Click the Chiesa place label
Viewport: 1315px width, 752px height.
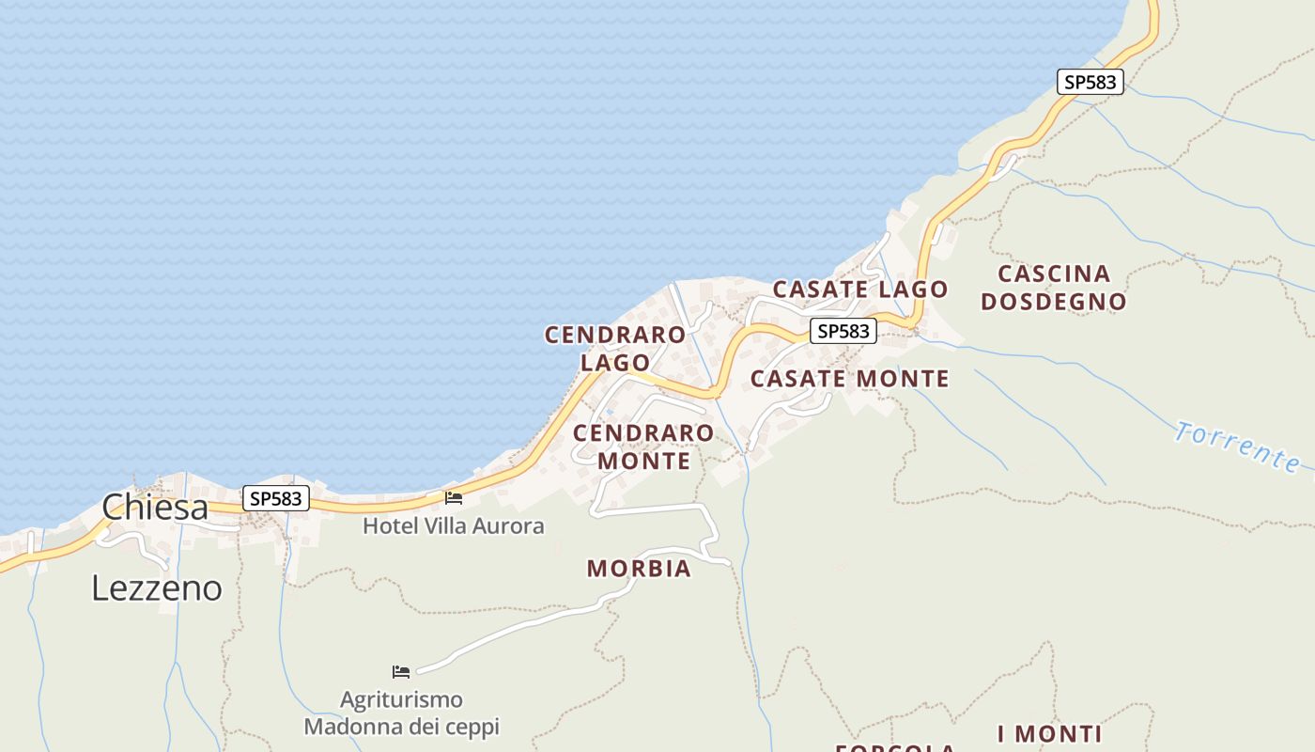click(x=155, y=508)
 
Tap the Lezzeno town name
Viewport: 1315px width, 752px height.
click(x=157, y=588)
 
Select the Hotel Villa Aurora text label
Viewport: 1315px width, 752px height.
click(x=454, y=526)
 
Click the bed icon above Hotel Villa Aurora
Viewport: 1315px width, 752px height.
click(x=454, y=497)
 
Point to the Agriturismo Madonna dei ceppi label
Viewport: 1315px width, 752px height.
click(x=401, y=713)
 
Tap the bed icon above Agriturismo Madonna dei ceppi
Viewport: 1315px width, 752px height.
click(x=401, y=671)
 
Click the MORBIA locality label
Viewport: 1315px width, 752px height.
click(x=639, y=569)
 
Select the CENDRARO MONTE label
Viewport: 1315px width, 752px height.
click(x=643, y=446)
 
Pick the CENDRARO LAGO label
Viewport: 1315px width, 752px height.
click(x=615, y=348)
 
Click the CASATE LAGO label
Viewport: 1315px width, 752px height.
click(x=860, y=290)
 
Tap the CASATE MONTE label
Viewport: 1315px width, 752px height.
click(x=849, y=379)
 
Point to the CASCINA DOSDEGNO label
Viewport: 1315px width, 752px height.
click(x=1054, y=288)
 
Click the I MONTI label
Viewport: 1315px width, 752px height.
click(x=1049, y=734)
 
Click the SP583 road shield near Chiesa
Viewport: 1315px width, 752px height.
click(x=276, y=498)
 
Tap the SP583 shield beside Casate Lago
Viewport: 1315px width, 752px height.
click(x=843, y=331)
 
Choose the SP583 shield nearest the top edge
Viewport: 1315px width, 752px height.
click(x=1091, y=82)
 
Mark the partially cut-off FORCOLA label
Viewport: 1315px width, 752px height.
click(x=895, y=747)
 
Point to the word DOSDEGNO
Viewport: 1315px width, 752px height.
click(x=1054, y=302)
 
